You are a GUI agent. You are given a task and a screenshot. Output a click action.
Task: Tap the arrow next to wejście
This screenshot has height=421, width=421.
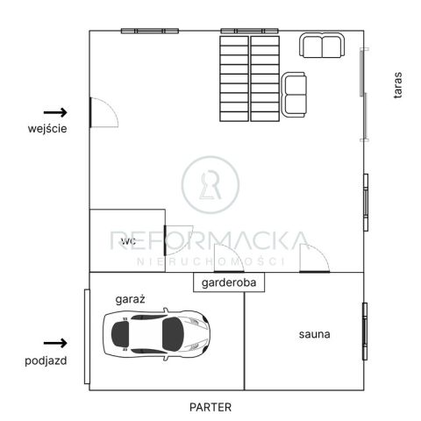(x=55, y=112)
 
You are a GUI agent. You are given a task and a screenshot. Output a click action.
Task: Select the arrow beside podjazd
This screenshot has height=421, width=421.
(x=55, y=343)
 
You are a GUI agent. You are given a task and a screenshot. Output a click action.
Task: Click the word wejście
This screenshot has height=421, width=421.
(x=47, y=128)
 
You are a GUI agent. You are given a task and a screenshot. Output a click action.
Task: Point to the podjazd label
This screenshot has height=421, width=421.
(x=46, y=360)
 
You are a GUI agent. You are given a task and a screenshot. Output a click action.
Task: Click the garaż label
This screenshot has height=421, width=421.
(x=130, y=299)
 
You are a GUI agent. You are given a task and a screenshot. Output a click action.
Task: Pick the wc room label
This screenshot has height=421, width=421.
(x=128, y=239)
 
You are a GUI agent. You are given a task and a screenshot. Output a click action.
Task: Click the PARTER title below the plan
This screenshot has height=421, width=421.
(x=210, y=406)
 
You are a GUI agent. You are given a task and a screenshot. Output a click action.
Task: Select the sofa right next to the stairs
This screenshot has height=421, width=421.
(x=294, y=92)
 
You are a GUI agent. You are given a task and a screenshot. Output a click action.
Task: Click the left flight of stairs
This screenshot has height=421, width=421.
(x=233, y=77)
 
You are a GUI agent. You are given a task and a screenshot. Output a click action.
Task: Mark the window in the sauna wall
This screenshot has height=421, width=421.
(x=364, y=331)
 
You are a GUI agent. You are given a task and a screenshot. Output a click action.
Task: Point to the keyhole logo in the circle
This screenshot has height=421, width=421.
(x=210, y=185)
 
